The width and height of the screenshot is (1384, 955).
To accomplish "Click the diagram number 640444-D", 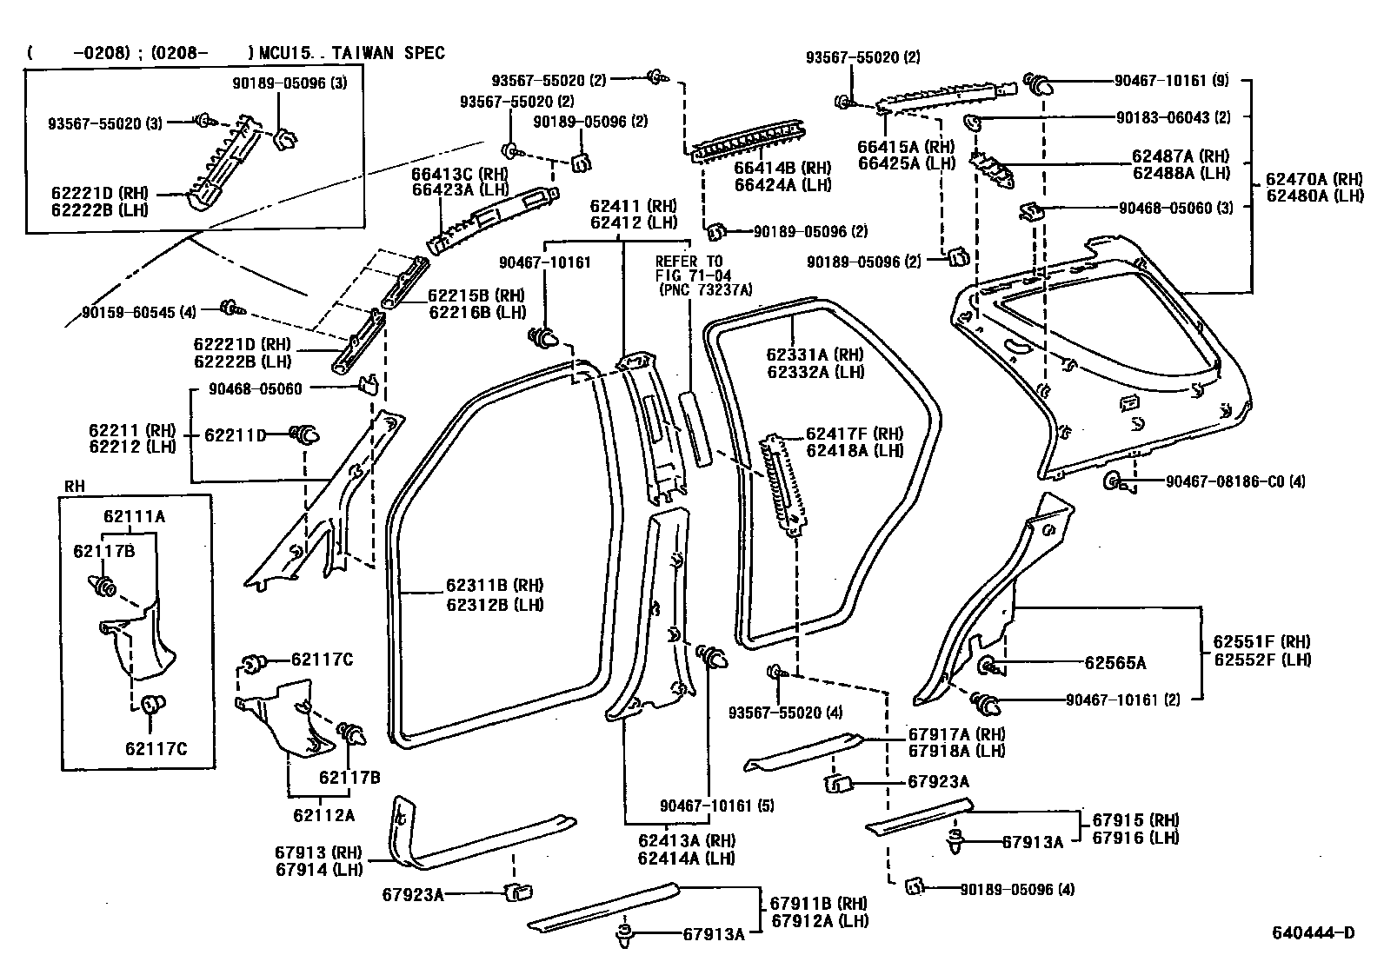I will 1313,933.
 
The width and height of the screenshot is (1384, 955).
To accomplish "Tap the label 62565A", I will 1115,663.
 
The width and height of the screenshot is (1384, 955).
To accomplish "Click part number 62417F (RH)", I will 854,434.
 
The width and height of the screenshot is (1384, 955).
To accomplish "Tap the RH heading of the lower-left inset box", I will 76,487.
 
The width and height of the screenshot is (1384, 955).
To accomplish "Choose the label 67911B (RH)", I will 818,904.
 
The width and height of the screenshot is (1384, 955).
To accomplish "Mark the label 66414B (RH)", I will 782,168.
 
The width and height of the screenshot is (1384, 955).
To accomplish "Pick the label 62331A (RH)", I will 815,355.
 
